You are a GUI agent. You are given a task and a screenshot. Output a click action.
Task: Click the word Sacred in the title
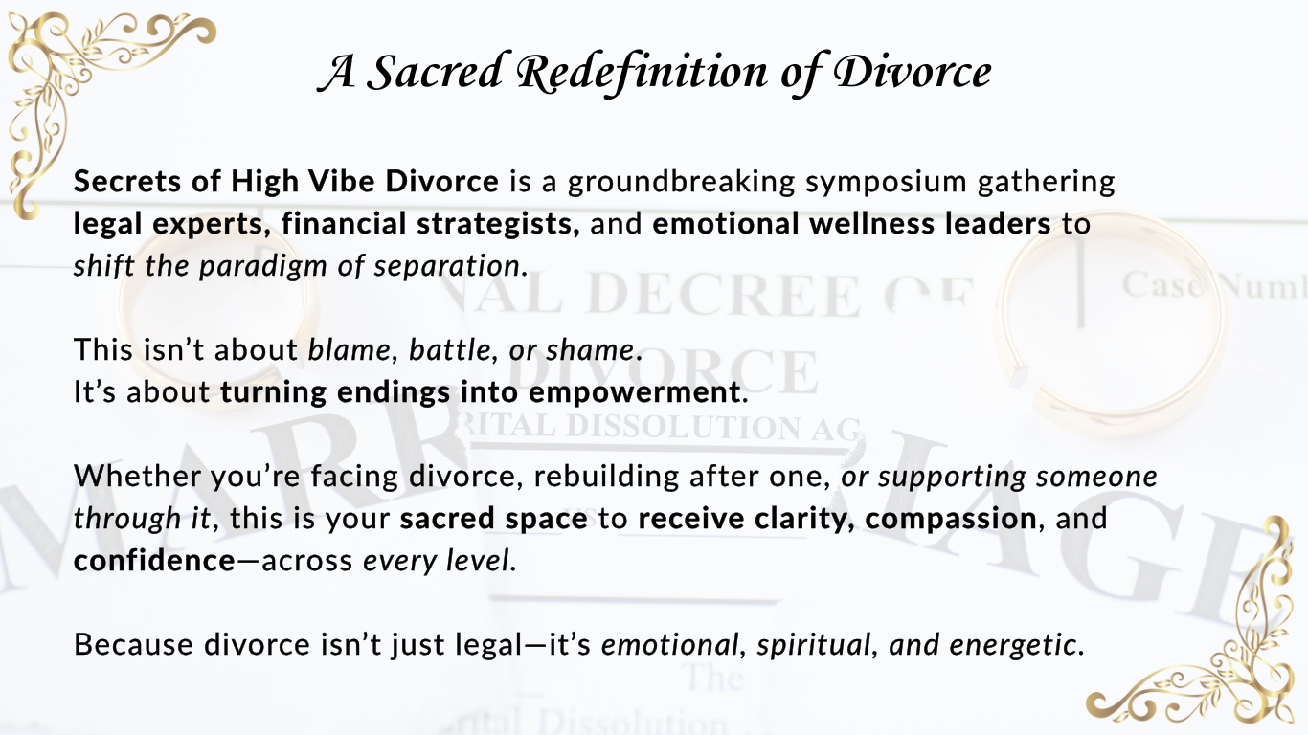[x=436, y=73]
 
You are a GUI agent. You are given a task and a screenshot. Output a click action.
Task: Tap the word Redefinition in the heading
[x=643, y=75]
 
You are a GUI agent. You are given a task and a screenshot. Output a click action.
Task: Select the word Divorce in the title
[x=913, y=73]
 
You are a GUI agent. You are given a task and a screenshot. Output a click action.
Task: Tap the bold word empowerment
[x=635, y=393]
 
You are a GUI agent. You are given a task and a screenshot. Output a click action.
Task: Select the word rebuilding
[x=606, y=478]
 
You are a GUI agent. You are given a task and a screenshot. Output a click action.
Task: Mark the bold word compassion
[x=951, y=520]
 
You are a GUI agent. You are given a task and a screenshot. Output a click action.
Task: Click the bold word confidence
[x=154, y=561]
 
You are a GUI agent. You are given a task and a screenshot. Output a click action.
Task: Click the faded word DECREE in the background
[x=723, y=295]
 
